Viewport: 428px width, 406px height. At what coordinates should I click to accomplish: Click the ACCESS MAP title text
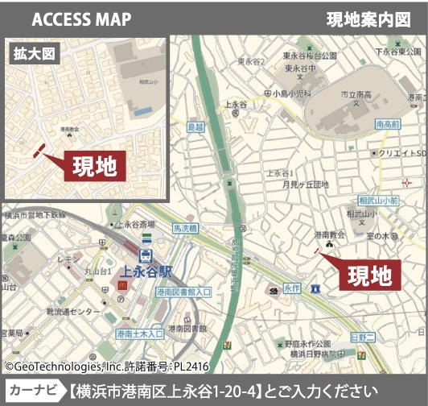(x=83, y=19)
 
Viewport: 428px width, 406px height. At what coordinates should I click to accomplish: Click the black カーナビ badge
(x=33, y=391)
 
